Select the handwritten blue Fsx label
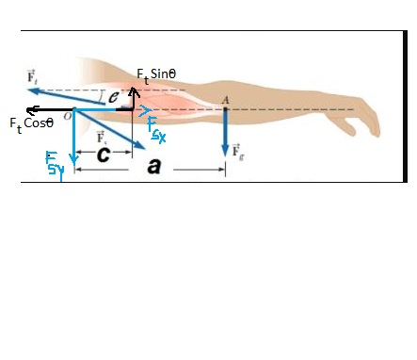[157, 133]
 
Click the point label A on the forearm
[224, 100]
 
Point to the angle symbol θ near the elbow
[113, 95]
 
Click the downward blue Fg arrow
[226, 132]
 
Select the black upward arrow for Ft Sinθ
[133, 95]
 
